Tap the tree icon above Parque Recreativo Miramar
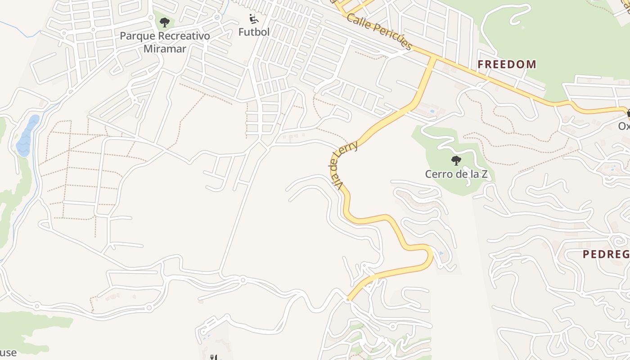click(165, 22)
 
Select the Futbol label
click(254, 32)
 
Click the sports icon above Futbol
click(254, 19)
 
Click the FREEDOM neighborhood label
click(507, 64)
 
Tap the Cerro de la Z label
click(456, 174)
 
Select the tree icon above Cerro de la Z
click(456, 160)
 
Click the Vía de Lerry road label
click(343, 164)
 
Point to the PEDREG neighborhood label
click(606, 254)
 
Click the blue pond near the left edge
click(27, 135)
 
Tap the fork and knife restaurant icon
click(213, 357)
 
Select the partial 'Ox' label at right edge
click(624, 126)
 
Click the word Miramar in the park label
click(165, 49)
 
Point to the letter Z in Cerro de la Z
click(484, 174)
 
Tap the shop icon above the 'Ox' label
click(627, 113)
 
